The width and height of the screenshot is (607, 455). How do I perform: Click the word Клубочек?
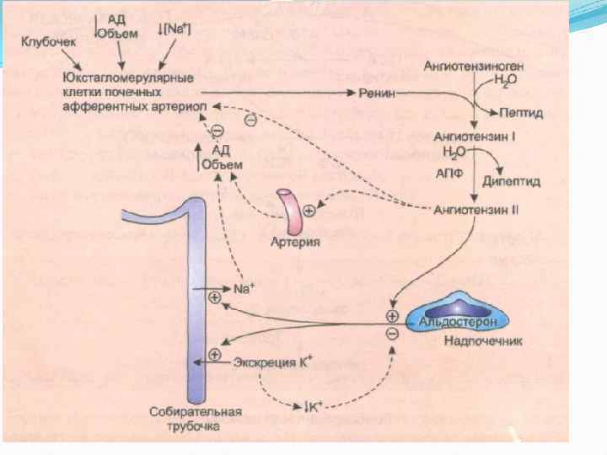coord(48,41)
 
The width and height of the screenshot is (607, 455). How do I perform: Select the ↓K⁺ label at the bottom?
coord(316,408)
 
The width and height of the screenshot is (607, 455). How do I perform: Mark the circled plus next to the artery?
coord(309,211)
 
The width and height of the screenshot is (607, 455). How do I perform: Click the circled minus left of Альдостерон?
coord(392,335)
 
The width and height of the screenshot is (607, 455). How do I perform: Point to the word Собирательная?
coord(195,413)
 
